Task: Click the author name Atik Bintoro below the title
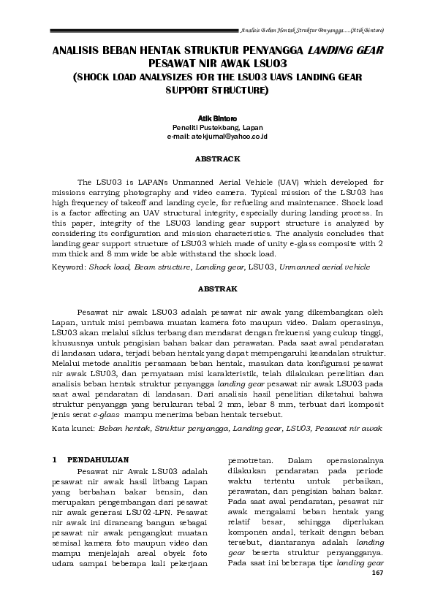click(x=217, y=117)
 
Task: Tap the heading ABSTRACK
click(x=217, y=158)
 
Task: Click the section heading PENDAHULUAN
click(x=98, y=460)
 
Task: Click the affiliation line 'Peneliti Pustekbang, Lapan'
click(x=217, y=126)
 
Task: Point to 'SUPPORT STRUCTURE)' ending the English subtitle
click(x=217, y=91)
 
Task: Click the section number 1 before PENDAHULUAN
click(x=55, y=460)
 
